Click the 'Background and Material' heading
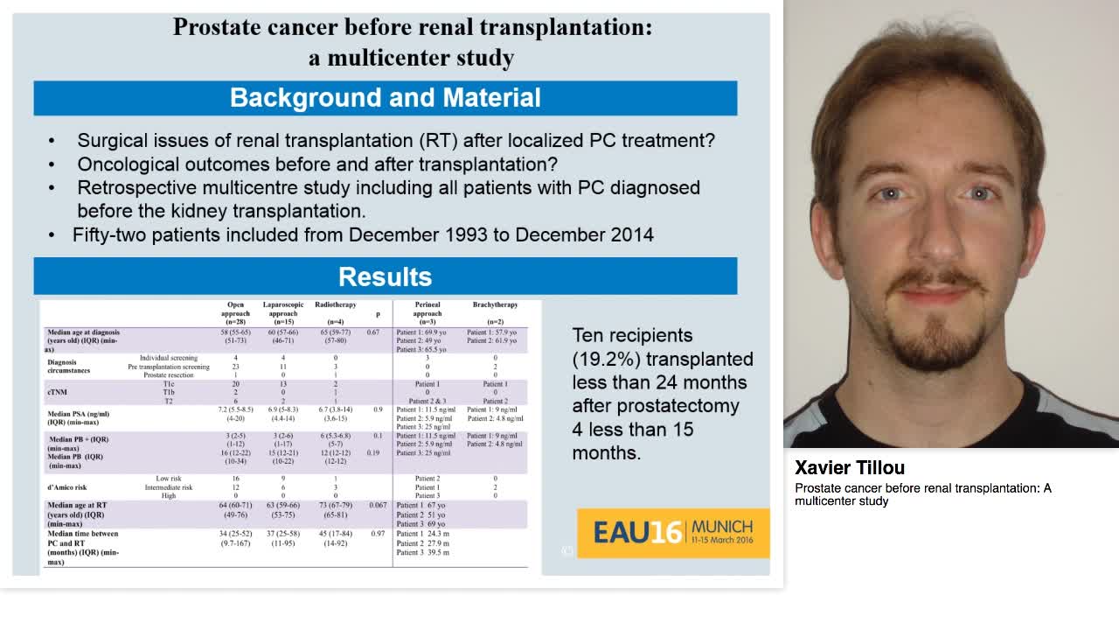385,98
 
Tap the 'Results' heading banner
385,276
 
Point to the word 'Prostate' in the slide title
213,27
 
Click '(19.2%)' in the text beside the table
603,359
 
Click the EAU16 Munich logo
672,532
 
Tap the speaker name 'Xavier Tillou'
850,468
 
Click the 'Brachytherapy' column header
494,304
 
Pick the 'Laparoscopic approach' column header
283,312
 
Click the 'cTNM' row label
58,392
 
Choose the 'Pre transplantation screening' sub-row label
169,367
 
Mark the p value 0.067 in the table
378,506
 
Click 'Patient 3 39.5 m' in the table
424,553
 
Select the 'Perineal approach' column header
427,312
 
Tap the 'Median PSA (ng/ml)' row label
79,413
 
